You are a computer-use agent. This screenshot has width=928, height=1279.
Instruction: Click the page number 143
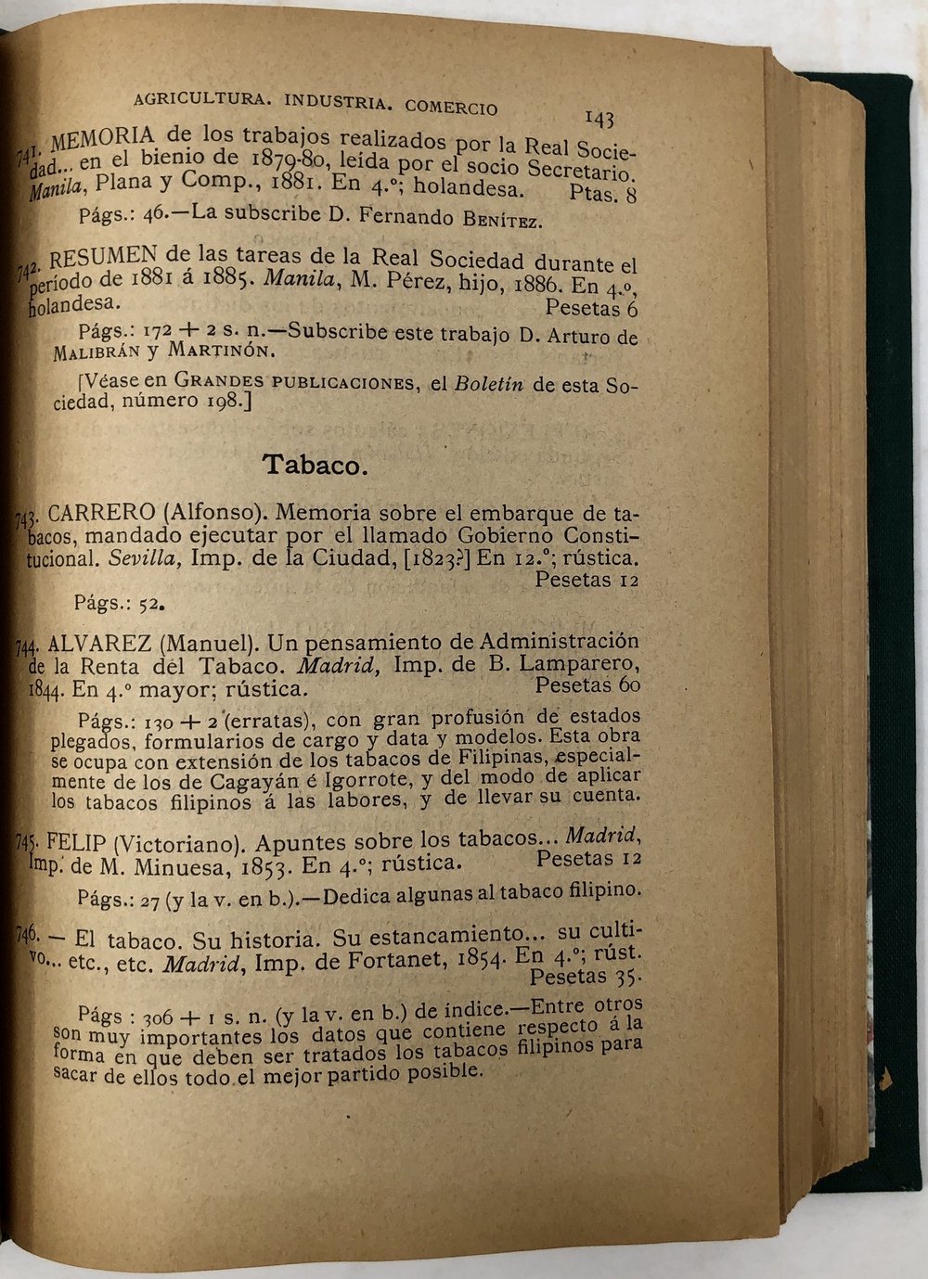coord(599,118)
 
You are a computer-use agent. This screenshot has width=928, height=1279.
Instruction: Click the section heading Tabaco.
coord(315,464)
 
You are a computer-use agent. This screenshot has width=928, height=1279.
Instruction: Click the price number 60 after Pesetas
coord(628,685)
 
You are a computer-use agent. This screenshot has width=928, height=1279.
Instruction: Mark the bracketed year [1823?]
coord(435,558)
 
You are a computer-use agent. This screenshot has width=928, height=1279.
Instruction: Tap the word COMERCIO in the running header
coord(451,106)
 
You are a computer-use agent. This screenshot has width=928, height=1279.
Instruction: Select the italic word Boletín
coord(489,384)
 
